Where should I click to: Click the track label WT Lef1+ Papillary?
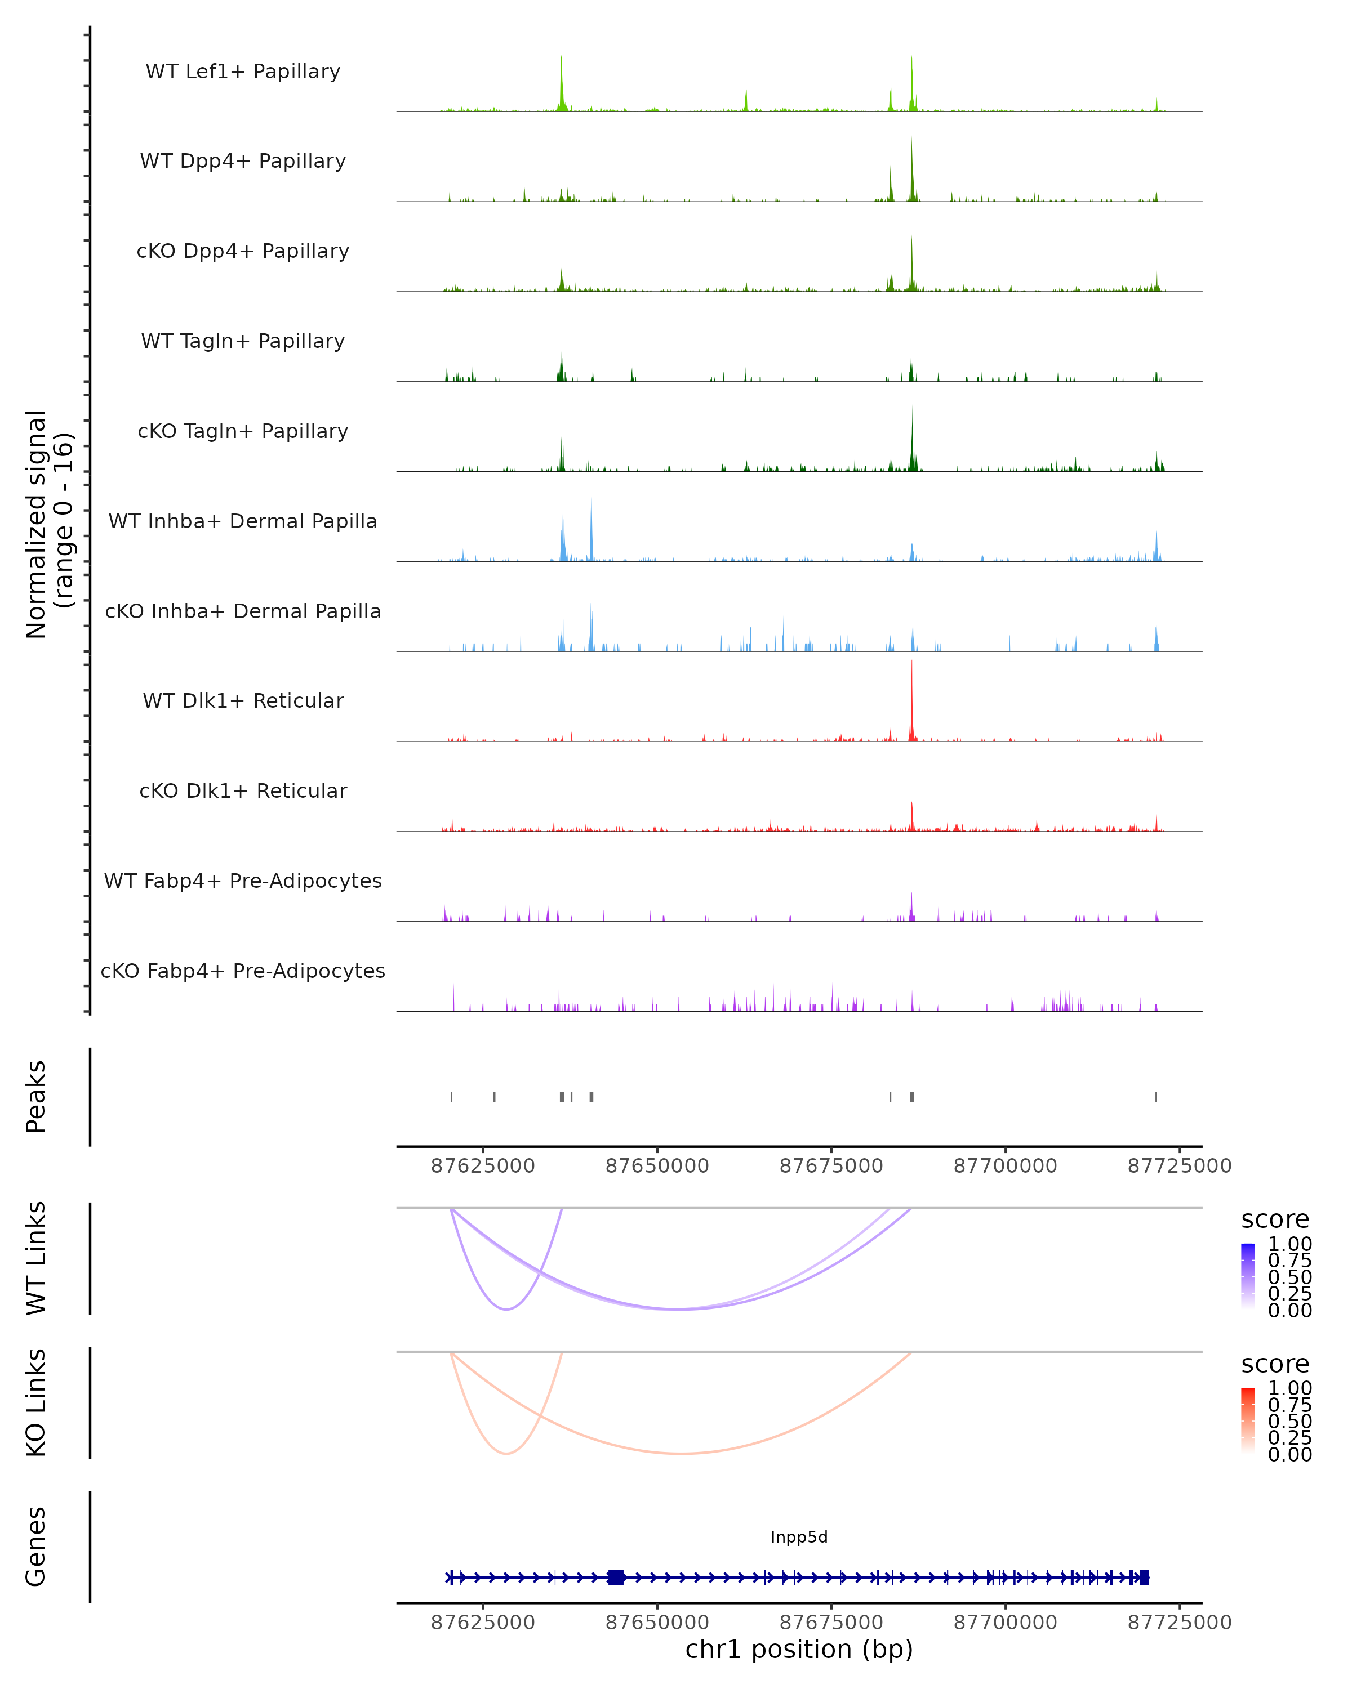(x=243, y=72)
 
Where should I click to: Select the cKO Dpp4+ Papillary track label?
(x=243, y=251)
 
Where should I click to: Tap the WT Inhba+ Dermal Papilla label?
(x=243, y=521)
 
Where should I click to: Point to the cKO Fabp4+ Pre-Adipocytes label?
(x=243, y=971)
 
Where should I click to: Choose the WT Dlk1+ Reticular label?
(x=243, y=700)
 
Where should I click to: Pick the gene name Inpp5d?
(x=799, y=1537)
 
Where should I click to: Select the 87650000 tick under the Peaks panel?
(x=657, y=1166)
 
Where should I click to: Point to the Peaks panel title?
(x=35, y=1096)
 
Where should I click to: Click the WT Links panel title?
(x=35, y=1257)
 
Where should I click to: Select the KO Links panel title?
(x=35, y=1402)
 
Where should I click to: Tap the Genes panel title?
(x=35, y=1547)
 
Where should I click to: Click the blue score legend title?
(x=1274, y=1219)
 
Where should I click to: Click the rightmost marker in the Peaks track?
(x=1155, y=1097)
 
